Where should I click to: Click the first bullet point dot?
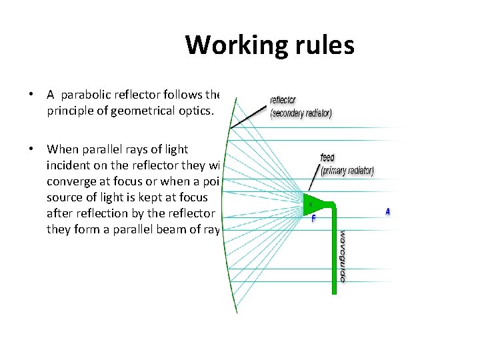point(31,95)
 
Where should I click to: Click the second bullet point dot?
point(31,150)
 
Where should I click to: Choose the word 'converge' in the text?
point(70,181)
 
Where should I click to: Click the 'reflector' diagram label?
point(283,101)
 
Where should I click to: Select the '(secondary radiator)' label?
point(301,113)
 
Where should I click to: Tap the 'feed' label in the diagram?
point(327,158)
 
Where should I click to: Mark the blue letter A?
point(387,211)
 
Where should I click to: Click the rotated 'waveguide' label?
point(343,256)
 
